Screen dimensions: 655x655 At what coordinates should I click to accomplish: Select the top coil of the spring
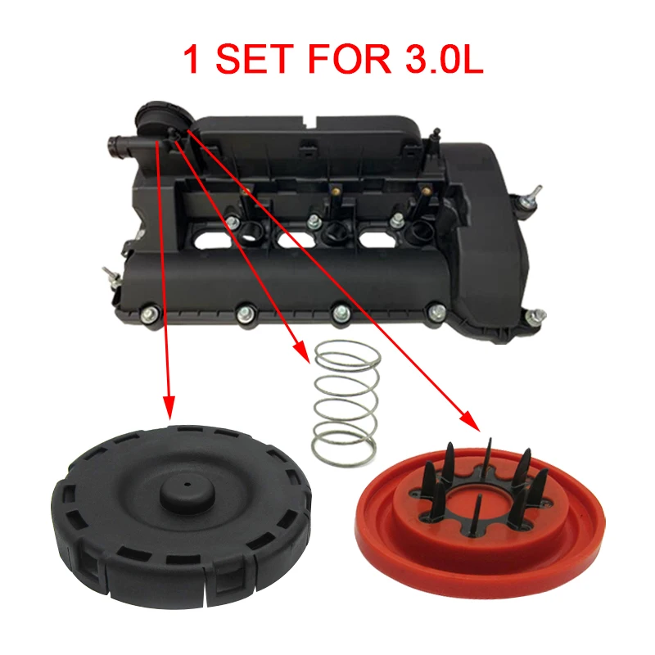click(x=349, y=353)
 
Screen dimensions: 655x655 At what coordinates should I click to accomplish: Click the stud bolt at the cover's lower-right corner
click(x=536, y=316)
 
